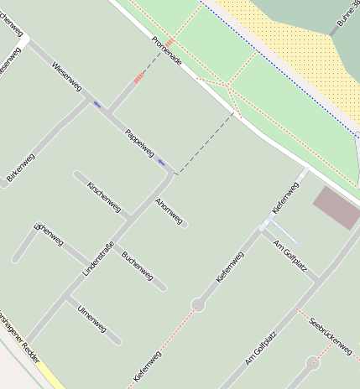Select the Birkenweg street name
tap(21, 168)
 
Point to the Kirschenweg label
tap(104, 197)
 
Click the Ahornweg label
tap(169, 210)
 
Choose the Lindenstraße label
tap(98, 259)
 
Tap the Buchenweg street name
tap(137, 264)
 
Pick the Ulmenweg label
tap(91, 319)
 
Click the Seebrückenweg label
tap(330, 335)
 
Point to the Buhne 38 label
tap(347, 16)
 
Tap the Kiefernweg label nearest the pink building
tap(285, 197)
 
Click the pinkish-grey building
tap(336, 207)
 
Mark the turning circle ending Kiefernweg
tap(198, 304)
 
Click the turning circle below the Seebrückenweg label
tap(313, 363)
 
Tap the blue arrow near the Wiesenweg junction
tap(97, 104)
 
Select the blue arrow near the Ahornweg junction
tap(161, 163)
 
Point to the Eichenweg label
tap(50, 236)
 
